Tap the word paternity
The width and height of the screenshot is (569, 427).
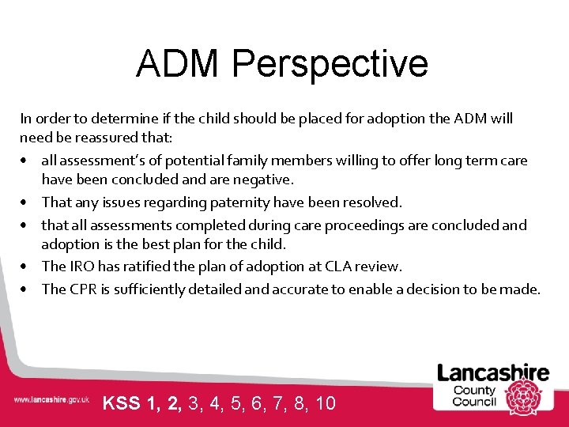click(x=236, y=202)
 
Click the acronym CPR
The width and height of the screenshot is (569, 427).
click(x=83, y=289)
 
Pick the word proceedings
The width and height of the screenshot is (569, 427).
click(x=345, y=225)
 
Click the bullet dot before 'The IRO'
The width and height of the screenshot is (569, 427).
click(x=27, y=267)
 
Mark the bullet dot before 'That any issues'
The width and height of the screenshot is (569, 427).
click(x=27, y=203)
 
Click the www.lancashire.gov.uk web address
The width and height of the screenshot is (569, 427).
click(x=51, y=401)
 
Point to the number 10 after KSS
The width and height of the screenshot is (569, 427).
click(x=326, y=404)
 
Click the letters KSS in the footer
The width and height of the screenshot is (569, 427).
click(x=122, y=404)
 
